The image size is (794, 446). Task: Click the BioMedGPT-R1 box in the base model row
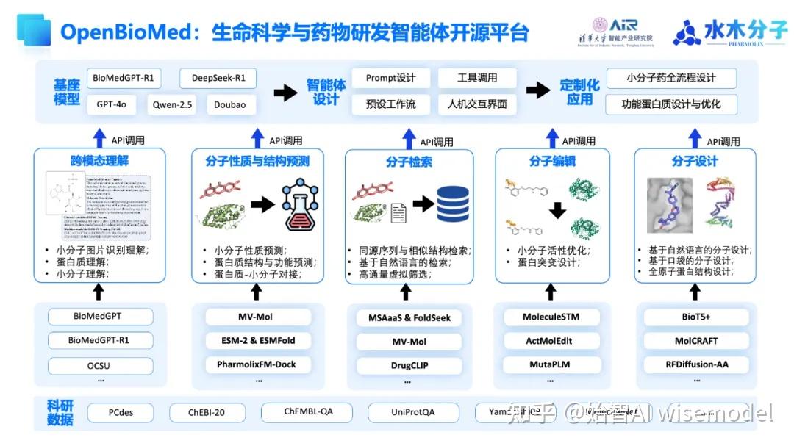(x=124, y=78)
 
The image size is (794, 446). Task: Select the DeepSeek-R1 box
(x=218, y=78)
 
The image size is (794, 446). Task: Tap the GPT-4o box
(x=112, y=104)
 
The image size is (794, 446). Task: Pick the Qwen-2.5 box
(x=172, y=104)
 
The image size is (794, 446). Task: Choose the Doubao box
(x=230, y=104)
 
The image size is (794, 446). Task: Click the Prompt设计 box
(x=390, y=78)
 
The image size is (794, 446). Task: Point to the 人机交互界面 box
(x=477, y=104)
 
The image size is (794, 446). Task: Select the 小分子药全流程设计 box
(x=670, y=78)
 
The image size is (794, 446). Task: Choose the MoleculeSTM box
(x=551, y=317)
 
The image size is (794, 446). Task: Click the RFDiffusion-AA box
(x=696, y=364)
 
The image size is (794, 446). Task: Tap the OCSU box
(x=101, y=365)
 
